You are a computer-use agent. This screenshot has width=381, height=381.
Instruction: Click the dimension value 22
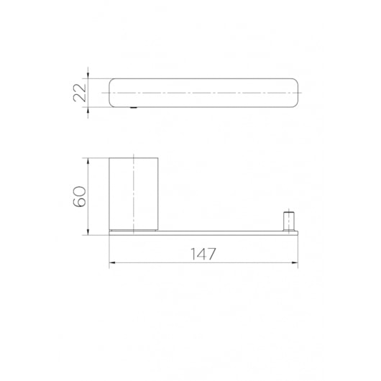(x=80, y=93)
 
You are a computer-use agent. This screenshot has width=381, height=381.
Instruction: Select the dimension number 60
(x=80, y=196)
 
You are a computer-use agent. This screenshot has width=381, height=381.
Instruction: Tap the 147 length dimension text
(x=203, y=254)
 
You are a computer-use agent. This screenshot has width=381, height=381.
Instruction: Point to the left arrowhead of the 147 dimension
(x=112, y=262)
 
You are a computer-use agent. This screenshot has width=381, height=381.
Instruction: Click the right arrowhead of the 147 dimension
(x=295, y=262)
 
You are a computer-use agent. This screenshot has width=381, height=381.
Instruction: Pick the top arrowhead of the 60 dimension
(x=88, y=161)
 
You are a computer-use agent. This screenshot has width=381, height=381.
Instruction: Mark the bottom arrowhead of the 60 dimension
(x=88, y=232)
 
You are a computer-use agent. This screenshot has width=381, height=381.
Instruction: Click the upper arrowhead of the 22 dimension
(x=88, y=75)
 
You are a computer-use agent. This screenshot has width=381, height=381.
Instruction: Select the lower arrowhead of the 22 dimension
(x=88, y=110)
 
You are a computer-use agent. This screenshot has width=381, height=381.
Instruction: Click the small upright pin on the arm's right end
(x=289, y=222)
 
